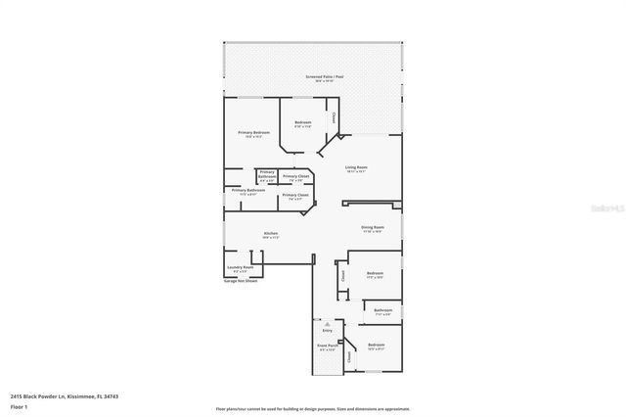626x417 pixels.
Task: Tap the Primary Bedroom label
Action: (x=253, y=132)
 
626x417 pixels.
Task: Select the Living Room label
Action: (x=355, y=166)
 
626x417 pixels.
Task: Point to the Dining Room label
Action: (x=372, y=227)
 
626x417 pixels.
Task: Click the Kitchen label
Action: (x=270, y=232)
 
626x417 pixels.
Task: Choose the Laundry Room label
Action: (x=241, y=267)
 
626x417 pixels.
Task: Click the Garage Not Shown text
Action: (x=240, y=281)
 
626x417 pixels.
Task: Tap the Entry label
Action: (x=328, y=330)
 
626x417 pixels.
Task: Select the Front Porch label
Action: (x=328, y=346)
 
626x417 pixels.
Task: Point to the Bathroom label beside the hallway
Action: (x=382, y=310)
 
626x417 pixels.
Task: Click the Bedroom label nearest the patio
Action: (x=302, y=122)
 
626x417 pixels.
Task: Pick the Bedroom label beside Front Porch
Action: (x=377, y=345)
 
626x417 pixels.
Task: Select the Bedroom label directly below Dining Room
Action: (x=375, y=273)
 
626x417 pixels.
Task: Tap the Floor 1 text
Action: (x=18, y=405)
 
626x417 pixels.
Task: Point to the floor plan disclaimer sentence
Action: (x=312, y=408)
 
